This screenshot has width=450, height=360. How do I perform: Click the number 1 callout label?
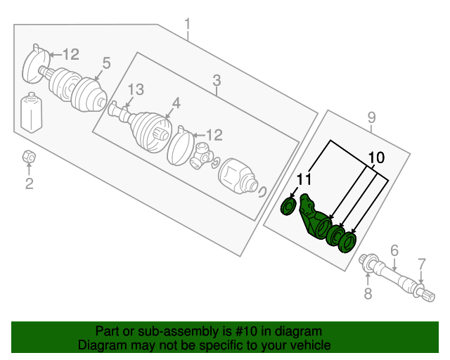(188, 27)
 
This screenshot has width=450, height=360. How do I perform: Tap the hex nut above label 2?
(29, 156)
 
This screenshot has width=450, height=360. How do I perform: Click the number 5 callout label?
(106, 63)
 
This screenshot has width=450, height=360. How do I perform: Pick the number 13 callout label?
(135, 89)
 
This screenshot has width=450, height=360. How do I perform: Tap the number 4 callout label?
(176, 103)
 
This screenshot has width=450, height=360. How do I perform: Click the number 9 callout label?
(372, 117)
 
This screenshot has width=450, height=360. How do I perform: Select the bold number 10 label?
(376, 158)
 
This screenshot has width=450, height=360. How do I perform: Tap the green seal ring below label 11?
(288, 207)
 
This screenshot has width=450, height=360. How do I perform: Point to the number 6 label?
(394, 250)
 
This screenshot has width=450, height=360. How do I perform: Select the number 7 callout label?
(422, 264)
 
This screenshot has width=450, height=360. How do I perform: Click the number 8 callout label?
(368, 295)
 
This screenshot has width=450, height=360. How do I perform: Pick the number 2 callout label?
(29, 185)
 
